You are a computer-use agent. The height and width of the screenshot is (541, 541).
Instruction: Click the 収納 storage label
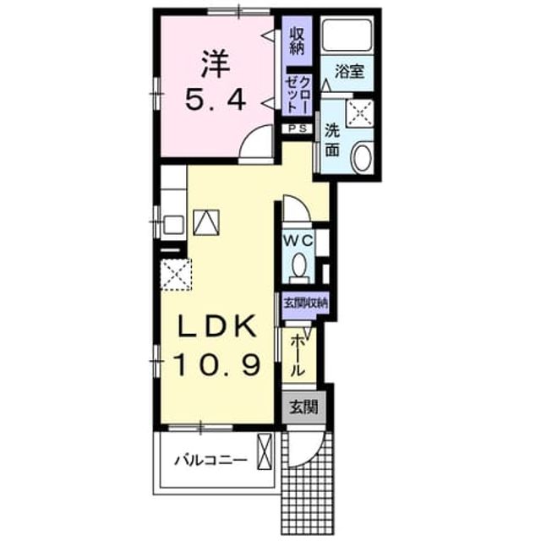click(x=297, y=41)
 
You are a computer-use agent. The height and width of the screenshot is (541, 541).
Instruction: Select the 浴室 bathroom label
click(x=349, y=72)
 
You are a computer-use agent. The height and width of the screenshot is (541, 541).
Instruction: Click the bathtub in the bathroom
click(x=347, y=35)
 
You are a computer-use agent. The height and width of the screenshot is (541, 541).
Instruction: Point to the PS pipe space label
click(x=298, y=128)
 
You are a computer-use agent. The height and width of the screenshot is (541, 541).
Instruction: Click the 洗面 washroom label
click(x=332, y=140)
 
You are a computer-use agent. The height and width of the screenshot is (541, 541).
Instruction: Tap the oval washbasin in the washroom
click(x=361, y=157)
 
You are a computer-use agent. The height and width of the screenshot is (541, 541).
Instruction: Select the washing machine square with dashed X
click(x=360, y=112)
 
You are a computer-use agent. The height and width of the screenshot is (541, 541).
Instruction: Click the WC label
click(x=298, y=240)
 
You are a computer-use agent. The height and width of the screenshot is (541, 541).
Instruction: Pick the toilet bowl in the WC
click(x=298, y=266)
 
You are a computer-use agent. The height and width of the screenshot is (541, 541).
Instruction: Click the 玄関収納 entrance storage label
click(x=305, y=303)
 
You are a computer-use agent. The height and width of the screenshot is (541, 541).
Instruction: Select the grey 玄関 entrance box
click(x=303, y=407)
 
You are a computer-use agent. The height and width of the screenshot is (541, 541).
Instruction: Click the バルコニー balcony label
click(x=210, y=460)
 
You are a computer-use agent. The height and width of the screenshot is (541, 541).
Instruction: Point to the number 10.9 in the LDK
click(x=216, y=365)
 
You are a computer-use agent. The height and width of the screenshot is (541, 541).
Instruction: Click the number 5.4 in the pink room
click(x=216, y=100)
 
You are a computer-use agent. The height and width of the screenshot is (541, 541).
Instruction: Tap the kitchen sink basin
click(x=173, y=224)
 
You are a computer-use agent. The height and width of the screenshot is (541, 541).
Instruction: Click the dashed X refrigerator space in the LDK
click(x=176, y=275)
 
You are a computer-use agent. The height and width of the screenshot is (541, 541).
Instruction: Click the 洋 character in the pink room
click(x=216, y=64)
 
